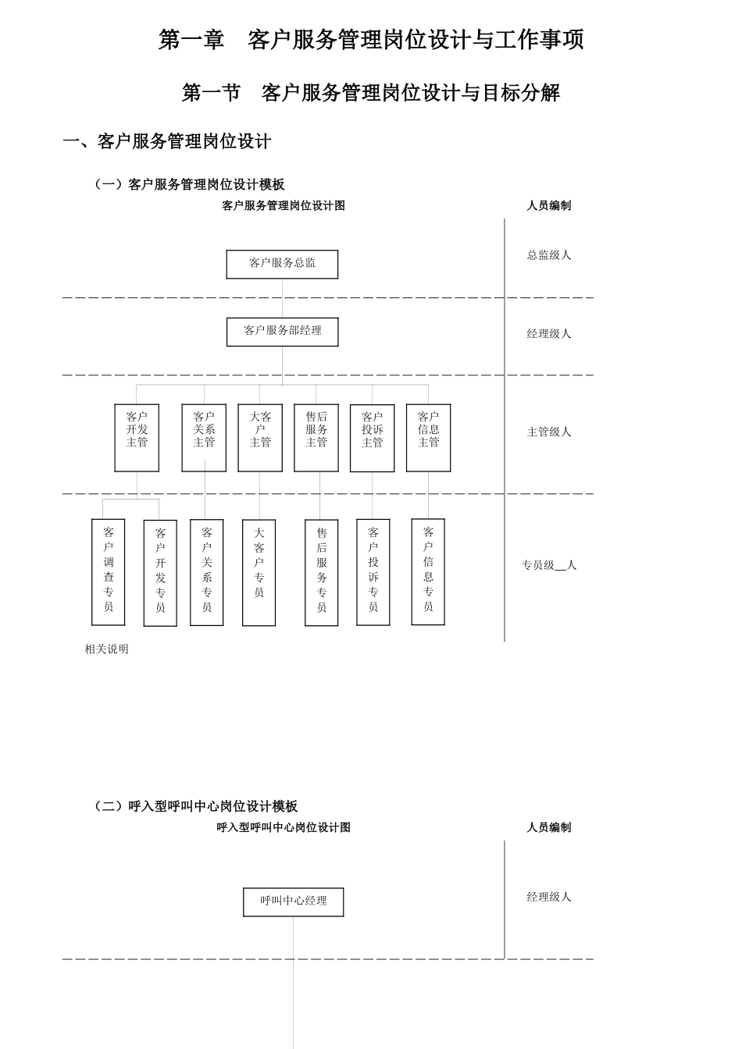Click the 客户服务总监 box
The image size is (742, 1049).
click(x=282, y=264)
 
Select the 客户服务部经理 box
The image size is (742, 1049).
click(x=282, y=332)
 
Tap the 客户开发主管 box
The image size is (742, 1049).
click(x=137, y=437)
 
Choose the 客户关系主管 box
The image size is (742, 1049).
click(x=204, y=437)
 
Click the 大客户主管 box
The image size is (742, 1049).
click(x=260, y=437)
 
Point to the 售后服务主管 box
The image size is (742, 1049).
click(x=316, y=437)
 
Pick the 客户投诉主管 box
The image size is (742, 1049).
click(x=373, y=438)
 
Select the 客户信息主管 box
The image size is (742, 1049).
click(x=428, y=437)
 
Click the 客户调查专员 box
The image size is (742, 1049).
click(x=109, y=572)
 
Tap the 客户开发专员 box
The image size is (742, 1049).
click(x=160, y=573)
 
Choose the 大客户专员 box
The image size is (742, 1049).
click(x=259, y=573)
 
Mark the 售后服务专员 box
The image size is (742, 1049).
click(x=321, y=573)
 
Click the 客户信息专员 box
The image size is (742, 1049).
click(x=428, y=571)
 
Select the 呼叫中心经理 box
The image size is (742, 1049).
click(x=293, y=901)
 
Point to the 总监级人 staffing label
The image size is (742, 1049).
click(x=549, y=255)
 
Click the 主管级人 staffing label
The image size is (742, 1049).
click(x=549, y=432)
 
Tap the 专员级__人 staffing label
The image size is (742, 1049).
click(x=549, y=565)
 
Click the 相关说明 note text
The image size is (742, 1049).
click(x=107, y=649)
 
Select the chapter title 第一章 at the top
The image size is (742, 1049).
click(x=191, y=40)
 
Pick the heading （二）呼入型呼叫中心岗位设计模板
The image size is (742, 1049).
click(x=194, y=806)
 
